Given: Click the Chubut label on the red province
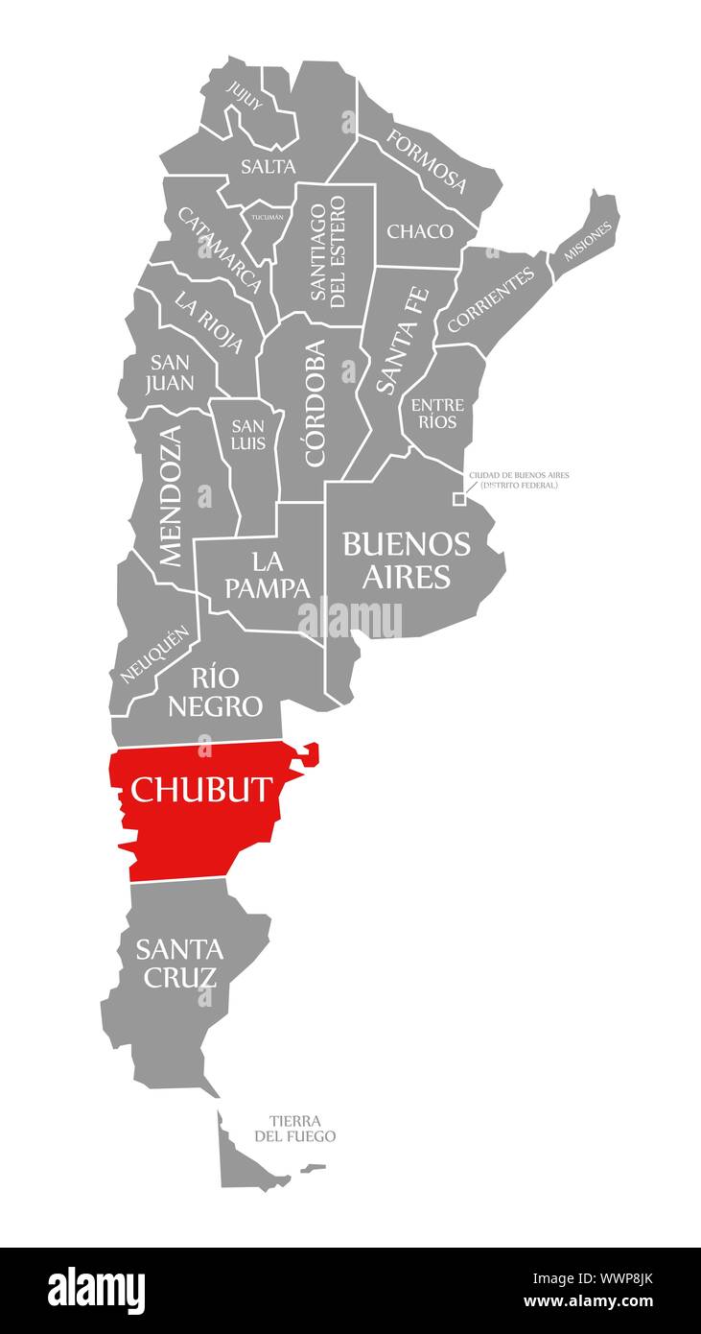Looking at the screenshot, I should (x=201, y=789).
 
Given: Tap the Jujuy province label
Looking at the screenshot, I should (x=245, y=95).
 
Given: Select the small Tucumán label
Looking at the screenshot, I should (x=268, y=217).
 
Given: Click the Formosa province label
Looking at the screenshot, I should (x=427, y=160).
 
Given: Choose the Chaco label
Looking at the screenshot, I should (x=420, y=231).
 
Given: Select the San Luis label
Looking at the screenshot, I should (x=247, y=435).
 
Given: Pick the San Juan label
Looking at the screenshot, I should (x=172, y=372).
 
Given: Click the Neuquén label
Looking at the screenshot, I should (x=152, y=655).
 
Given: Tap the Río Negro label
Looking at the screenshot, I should (x=215, y=692).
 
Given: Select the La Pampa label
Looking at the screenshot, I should (x=268, y=573).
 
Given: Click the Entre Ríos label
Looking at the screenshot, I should (x=437, y=414).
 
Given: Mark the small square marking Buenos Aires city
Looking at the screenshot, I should (x=459, y=499).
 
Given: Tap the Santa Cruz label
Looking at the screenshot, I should (x=179, y=963).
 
